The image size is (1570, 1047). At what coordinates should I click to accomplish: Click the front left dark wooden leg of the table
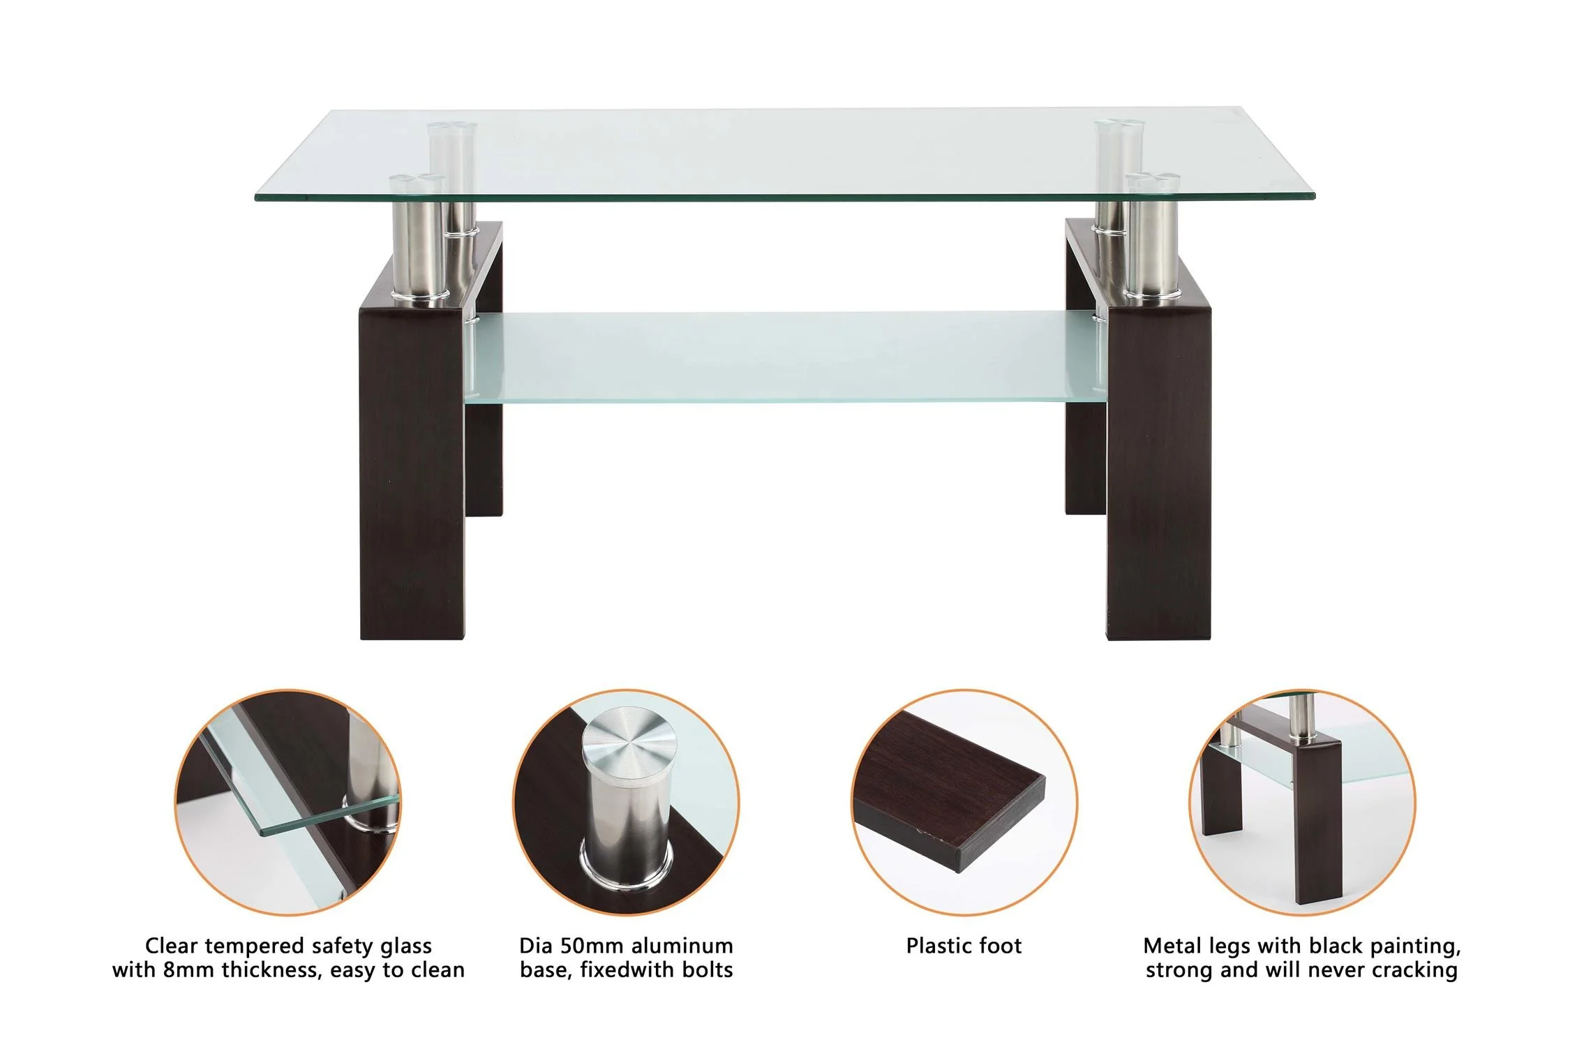[x=412, y=475]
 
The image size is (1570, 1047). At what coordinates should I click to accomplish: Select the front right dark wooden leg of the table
[x=1158, y=475]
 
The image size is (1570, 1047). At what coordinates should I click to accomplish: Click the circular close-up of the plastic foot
[x=964, y=803]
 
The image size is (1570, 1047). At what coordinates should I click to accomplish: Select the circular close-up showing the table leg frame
[x=1302, y=803]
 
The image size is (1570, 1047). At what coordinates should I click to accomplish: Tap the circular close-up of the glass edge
[x=288, y=803]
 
